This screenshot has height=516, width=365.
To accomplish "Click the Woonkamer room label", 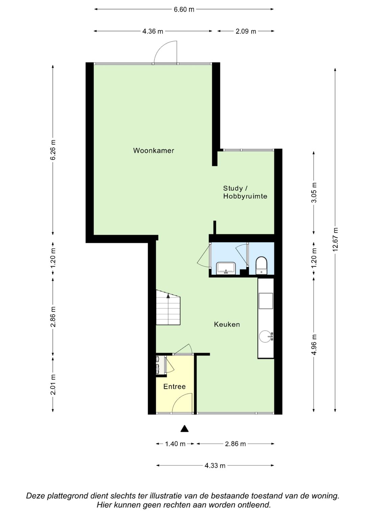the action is [x=153, y=151].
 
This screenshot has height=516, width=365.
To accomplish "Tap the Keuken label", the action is [x=227, y=324].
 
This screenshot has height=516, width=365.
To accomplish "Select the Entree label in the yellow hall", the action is [x=174, y=387].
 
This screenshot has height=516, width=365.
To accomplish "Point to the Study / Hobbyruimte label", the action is [x=245, y=192].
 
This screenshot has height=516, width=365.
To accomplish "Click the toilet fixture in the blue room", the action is [x=261, y=266].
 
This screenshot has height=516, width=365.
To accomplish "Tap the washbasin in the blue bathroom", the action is [x=226, y=268].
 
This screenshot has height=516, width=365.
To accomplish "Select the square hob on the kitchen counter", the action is [x=266, y=301].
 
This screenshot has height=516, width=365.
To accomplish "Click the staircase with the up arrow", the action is [x=168, y=307].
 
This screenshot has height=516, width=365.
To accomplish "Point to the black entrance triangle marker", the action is [x=184, y=428].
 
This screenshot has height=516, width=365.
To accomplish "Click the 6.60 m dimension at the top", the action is [x=184, y=9].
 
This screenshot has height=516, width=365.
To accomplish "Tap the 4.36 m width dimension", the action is [x=152, y=31].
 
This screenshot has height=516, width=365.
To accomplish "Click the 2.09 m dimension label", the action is [x=246, y=31].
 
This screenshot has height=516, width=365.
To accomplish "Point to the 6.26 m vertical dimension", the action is [x=53, y=150].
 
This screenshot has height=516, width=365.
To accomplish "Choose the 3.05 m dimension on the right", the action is [x=314, y=193].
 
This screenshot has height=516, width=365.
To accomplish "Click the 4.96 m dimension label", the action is [x=314, y=344].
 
